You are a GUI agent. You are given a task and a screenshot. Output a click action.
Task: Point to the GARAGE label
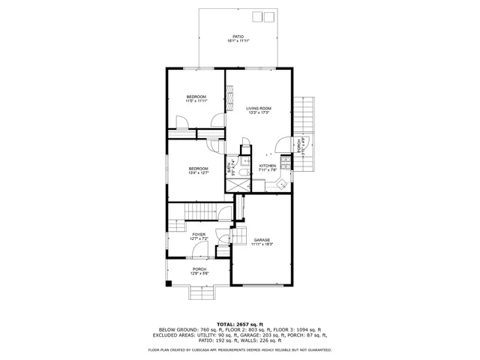[x=262, y=241]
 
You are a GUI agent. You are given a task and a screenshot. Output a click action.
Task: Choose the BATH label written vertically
[x=230, y=168]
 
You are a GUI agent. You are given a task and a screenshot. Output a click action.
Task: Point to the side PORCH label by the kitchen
[x=299, y=144]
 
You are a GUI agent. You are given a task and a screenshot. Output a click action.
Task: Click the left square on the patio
[x=255, y=17]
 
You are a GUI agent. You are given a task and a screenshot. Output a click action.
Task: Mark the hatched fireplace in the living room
[x=232, y=94]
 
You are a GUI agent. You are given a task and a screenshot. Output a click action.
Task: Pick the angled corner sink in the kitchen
[x=281, y=183]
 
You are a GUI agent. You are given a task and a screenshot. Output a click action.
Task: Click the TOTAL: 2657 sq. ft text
[x=239, y=322]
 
